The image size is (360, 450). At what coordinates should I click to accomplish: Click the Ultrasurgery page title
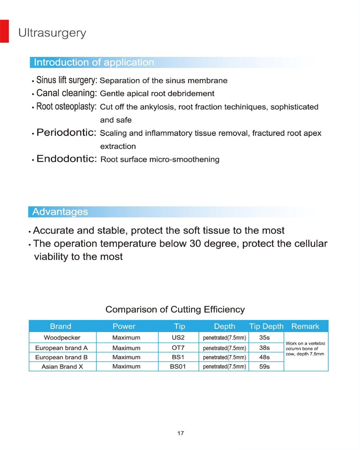(x=52, y=33)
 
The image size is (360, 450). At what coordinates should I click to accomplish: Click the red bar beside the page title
(x=4, y=31)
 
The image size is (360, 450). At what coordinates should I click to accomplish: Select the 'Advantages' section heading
(x=60, y=211)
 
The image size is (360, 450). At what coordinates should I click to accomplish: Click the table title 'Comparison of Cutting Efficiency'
(x=175, y=310)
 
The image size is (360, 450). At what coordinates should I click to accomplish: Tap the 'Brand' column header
(x=61, y=326)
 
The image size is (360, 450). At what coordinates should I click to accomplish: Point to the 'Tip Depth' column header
(x=266, y=326)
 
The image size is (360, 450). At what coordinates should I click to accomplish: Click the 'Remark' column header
(x=305, y=326)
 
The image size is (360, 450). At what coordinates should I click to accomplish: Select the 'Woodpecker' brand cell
(x=62, y=337)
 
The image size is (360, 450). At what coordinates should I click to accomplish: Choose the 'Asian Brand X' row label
(x=62, y=367)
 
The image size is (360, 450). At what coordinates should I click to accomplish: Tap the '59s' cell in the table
(x=265, y=367)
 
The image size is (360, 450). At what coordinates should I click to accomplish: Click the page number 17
(x=180, y=433)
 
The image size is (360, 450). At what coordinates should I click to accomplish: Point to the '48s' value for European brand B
(x=265, y=357)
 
